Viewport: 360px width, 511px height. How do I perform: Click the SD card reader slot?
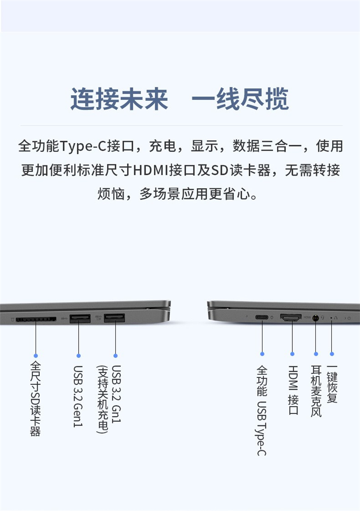(x=36, y=319)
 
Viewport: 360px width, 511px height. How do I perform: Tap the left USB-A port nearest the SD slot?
(x=80, y=318)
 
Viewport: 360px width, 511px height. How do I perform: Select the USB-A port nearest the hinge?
(x=114, y=318)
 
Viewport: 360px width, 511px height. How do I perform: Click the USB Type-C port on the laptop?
(x=262, y=317)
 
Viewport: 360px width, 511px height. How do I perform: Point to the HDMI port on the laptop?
(x=291, y=317)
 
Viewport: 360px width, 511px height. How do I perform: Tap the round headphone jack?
(x=315, y=318)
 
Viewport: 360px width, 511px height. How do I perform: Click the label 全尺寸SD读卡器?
(x=36, y=398)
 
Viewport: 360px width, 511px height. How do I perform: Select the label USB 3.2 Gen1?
(x=78, y=396)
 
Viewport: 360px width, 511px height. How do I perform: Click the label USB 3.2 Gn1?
(x=116, y=394)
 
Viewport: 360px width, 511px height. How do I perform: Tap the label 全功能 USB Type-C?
(x=262, y=410)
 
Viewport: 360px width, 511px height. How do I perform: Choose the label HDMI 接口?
(x=293, y=390)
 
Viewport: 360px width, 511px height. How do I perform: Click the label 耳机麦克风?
(x=316, y=391)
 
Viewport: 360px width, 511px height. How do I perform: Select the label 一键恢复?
(x=332, y=384)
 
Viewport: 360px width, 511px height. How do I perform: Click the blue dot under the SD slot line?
(x=36, y=355)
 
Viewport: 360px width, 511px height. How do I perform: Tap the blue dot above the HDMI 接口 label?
(x=292, y=354)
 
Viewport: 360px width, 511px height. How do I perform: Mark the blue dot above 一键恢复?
(x=332, y=354)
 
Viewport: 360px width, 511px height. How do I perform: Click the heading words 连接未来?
(x=119, y=99)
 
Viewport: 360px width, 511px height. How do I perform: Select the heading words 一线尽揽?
(x=240, y=99)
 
